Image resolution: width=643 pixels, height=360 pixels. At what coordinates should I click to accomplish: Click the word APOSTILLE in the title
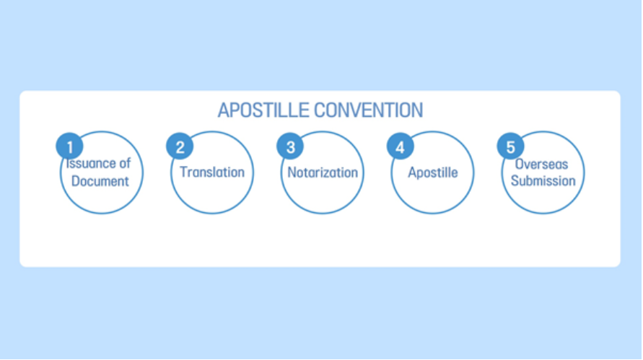click(263, 110)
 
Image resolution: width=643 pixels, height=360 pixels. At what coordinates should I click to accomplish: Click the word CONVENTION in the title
click(369, 110)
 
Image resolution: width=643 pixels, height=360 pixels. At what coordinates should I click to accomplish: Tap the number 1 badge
click(70, 146)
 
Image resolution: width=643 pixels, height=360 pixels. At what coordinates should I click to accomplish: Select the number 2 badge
click(180, 146)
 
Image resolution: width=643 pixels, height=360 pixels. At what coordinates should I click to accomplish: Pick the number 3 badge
click(290, 146)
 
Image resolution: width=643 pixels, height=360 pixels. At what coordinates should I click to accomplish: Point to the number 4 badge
click(401, 146)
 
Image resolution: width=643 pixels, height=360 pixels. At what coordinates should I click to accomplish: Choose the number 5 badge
click(510, 146)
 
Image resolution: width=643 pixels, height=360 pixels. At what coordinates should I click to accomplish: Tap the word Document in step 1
click(100, 181)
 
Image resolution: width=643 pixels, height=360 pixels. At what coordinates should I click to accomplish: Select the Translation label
click(212, 172)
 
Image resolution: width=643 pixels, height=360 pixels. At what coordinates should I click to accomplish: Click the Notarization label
click(323, 172)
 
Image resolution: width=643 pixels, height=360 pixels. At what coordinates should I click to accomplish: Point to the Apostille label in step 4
click(432, 172)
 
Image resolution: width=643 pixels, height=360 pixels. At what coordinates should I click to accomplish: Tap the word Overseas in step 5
click(542, 164)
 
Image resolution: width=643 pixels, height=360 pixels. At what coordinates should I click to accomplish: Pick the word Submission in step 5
click(543, 181)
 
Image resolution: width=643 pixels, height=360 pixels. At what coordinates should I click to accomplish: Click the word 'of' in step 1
click(125, 163)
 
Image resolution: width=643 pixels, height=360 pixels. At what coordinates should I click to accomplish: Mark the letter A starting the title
click(224, 110)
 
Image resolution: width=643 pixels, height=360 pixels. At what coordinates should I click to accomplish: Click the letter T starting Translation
click(184, 172)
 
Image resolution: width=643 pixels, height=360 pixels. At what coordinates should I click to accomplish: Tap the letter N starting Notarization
click(292, 172)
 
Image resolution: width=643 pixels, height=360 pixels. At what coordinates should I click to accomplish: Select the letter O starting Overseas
click(520, 164)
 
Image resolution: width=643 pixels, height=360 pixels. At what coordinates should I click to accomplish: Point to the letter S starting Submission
click(515, 181)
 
